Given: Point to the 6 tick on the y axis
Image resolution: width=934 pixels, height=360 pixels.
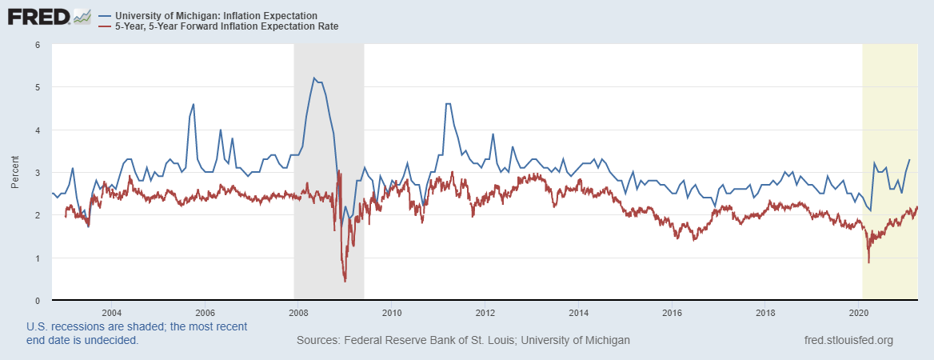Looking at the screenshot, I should [37, 44].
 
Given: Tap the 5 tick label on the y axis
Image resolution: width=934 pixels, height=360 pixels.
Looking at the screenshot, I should [37, 86].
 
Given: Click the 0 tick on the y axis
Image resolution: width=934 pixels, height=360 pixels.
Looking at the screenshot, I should [37, 301].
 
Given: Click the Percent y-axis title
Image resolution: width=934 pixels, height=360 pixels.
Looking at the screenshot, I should [15, 173].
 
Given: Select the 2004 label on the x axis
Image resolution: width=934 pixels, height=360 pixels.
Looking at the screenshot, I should [111, 312].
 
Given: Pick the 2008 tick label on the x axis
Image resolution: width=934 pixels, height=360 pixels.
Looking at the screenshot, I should [298, 312].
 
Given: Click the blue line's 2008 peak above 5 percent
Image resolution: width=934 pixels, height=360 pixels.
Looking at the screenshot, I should [314, 78].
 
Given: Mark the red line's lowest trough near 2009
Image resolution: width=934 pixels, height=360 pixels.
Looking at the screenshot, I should [345, 281].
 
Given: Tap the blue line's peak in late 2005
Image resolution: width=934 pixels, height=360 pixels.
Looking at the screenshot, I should [194, 104].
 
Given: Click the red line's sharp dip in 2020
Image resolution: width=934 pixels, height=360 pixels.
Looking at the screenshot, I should [869, 262].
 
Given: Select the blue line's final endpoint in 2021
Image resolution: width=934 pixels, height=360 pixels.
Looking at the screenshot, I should [909, 160].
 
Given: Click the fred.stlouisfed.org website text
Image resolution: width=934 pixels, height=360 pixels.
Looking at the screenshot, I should [848, 341].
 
